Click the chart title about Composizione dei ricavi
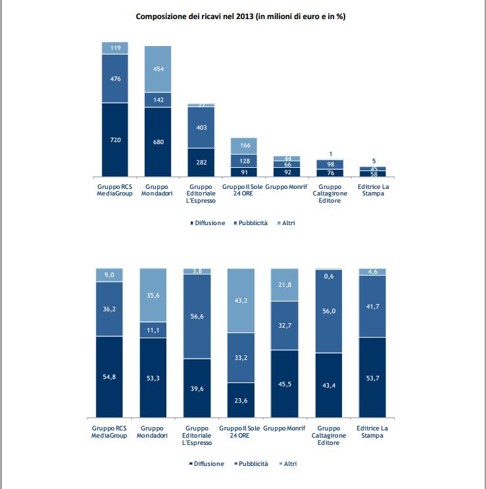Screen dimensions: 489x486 tap(241, 16)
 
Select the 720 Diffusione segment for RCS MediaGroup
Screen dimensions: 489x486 tap(115, 140)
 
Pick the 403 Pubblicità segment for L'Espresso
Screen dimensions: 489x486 tap(201, 127)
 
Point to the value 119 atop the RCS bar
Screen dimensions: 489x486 tap(115, 47)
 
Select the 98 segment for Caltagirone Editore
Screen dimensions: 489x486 tap(329, 164)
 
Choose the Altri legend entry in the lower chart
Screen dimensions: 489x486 tap(287, 464)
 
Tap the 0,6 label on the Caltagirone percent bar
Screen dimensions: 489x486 tap(329, 276)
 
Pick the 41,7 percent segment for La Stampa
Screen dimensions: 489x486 tap(372, 305)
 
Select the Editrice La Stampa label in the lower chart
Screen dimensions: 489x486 tap(372, 432)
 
